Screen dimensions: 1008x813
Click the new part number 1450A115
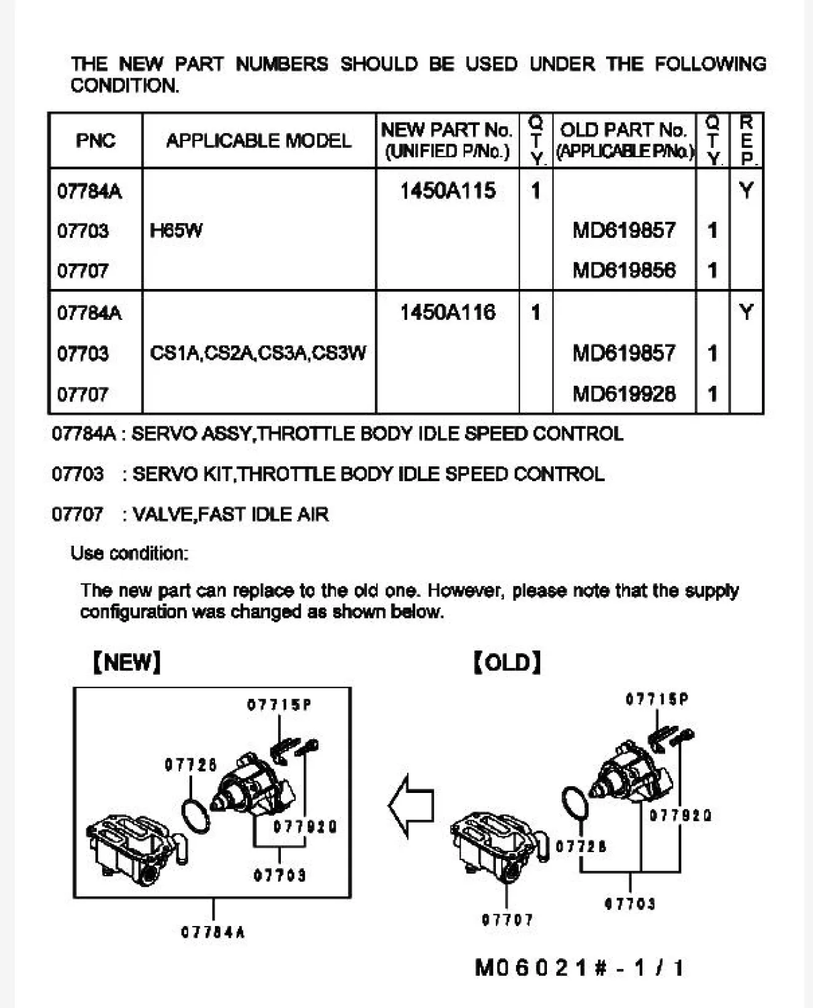(448, 191)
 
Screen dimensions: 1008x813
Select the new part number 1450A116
(448, 313)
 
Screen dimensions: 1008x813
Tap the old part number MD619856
(624, 270)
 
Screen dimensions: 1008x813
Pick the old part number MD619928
(624, 394)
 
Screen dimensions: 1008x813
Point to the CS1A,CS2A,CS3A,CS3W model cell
(258, 353)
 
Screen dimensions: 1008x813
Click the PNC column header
(95, 140)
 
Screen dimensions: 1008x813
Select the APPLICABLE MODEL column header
(259, 140)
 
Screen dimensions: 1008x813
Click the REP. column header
(746, 140)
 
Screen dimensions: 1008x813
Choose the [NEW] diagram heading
(127, 662)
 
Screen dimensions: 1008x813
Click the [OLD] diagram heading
(508, 663)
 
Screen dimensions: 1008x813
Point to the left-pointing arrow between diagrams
(411, 805)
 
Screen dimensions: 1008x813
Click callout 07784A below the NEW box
(213, 932)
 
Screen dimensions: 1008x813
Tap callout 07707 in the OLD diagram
(508, 920)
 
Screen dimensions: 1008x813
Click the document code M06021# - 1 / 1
(579, 967)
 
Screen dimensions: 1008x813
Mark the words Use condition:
(129, 553)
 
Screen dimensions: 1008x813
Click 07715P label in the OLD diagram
(657, 699)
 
